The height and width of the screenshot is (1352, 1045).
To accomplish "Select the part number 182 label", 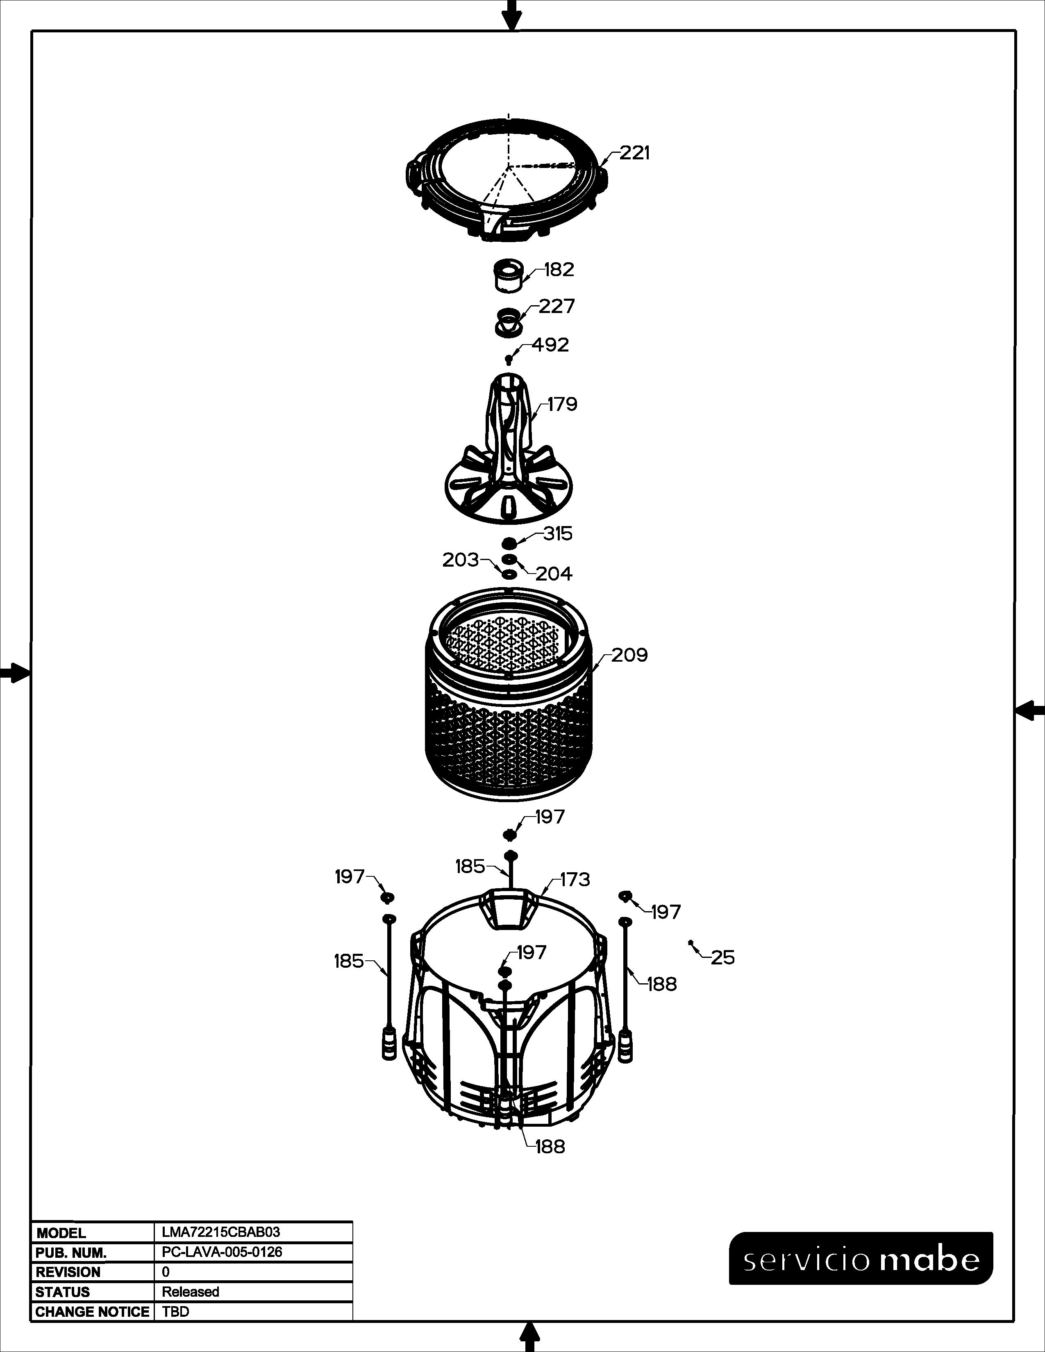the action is coord(559,270).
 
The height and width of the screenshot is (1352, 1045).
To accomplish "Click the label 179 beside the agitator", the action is coord(562,404).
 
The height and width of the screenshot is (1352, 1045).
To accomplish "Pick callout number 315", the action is coord(558,533).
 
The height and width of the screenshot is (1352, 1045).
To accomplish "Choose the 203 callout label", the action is coord(461,560).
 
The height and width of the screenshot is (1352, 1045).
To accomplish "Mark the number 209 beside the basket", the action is coord(629,655).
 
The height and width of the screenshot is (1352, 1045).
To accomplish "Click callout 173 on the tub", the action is coord(575,879).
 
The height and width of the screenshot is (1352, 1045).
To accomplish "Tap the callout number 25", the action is coord(722,958).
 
